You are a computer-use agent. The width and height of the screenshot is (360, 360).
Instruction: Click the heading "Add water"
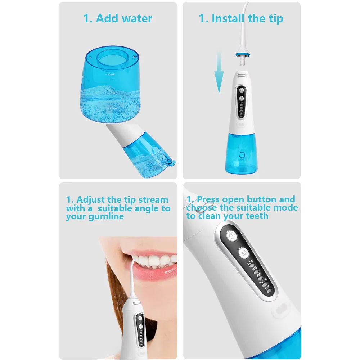point(118,19)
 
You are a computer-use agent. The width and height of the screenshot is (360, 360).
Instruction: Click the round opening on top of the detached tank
point(112,57)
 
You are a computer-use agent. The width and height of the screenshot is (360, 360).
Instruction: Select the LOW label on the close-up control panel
point(250,262)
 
